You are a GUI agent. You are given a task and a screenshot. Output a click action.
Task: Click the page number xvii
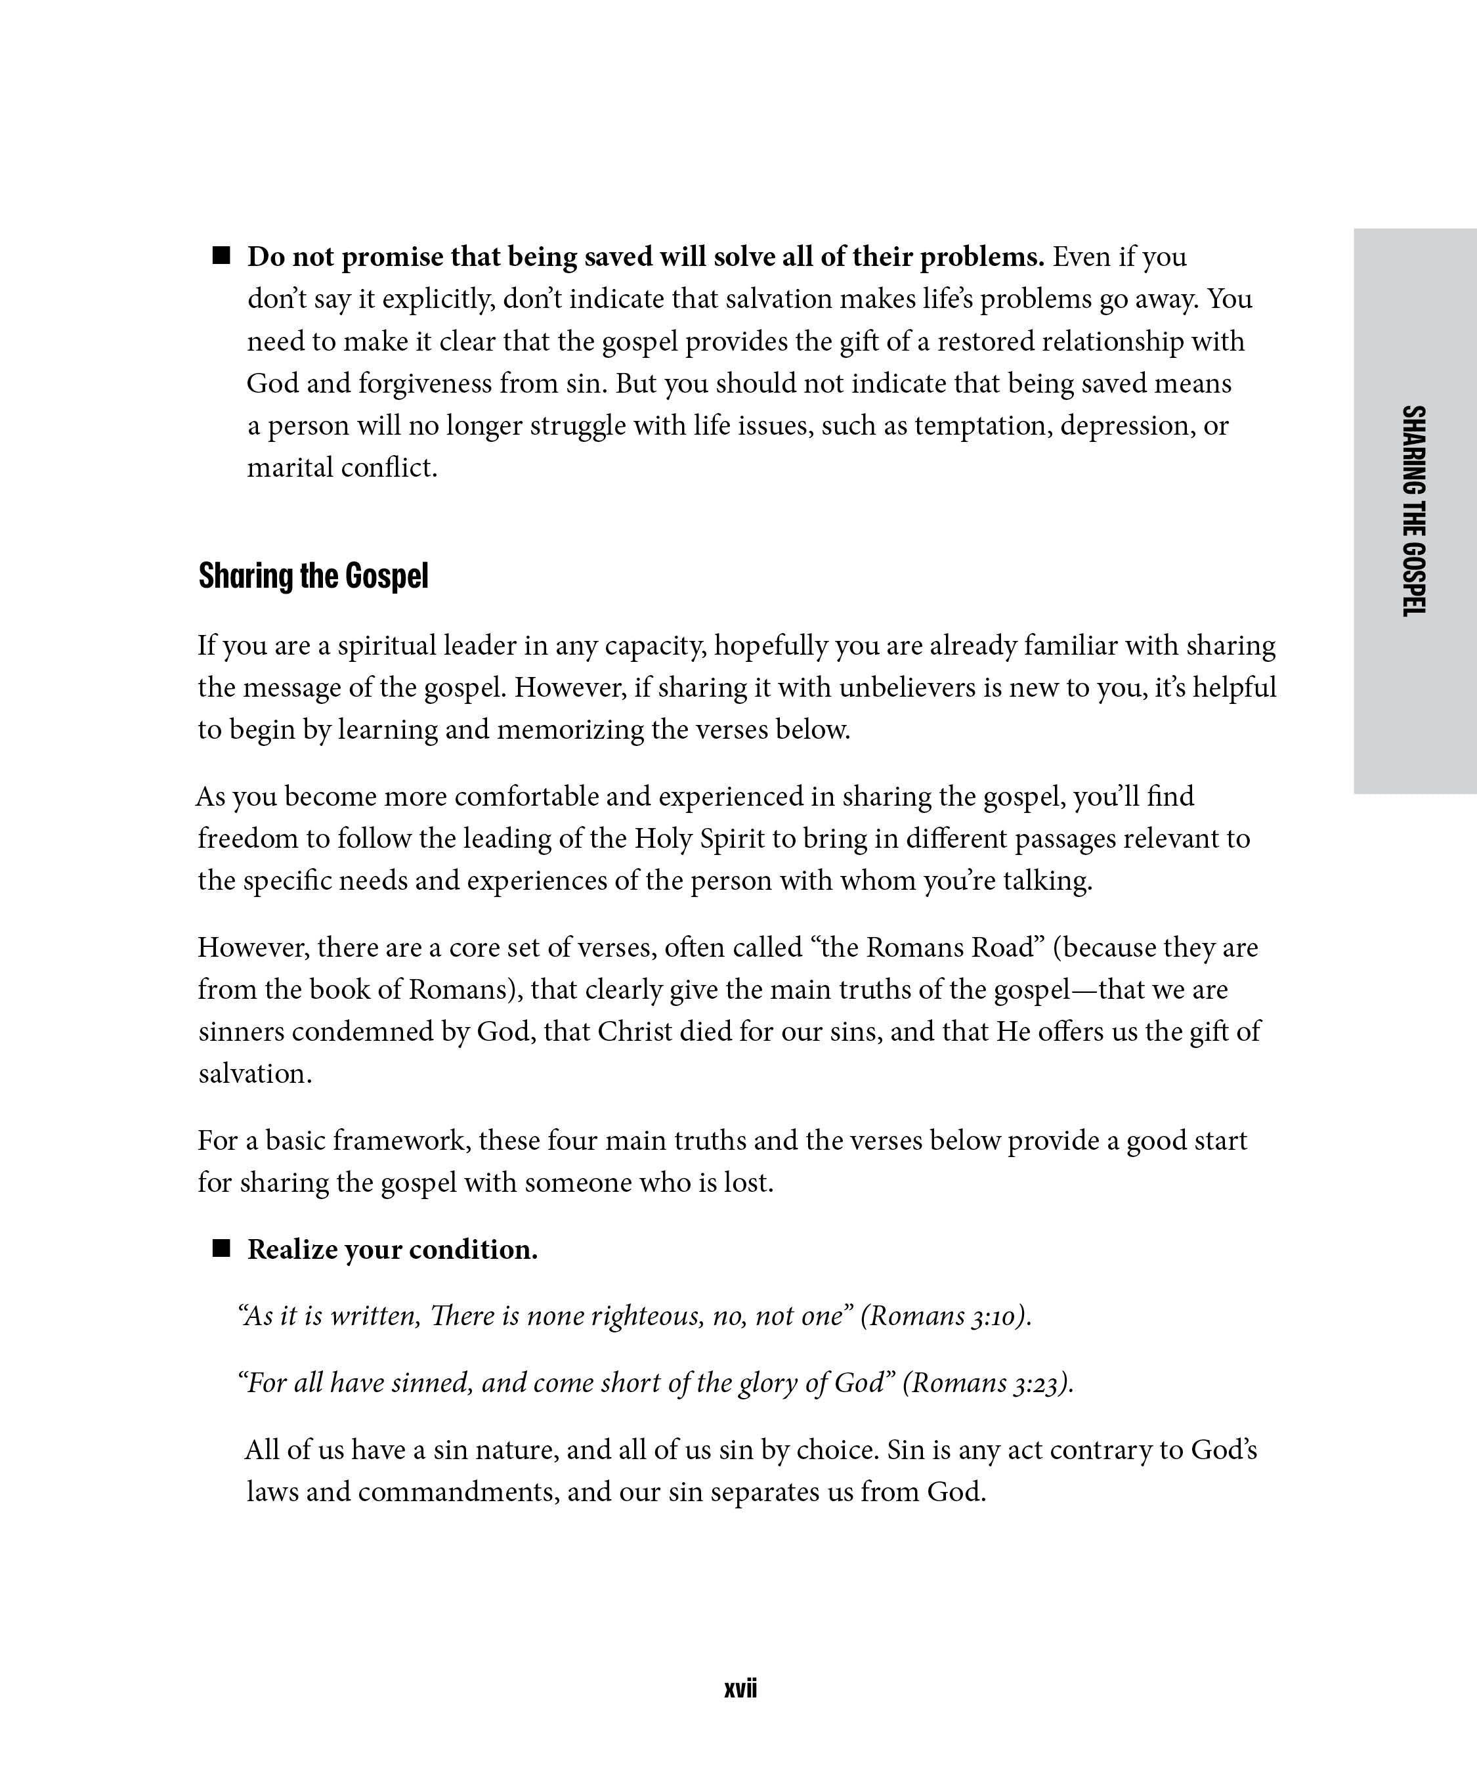click(x=740, y=1688)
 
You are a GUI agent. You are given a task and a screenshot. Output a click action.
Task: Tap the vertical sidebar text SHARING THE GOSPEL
click(x=1414, y=511)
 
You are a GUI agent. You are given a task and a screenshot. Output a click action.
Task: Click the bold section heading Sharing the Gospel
click(x=313, y=576)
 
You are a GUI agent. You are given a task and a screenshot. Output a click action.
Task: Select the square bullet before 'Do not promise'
click(x=221, y=256)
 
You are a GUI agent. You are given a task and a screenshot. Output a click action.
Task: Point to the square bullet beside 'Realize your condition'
click(x=221, y=1249)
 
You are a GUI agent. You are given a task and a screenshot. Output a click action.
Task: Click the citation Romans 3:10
click(x=945, y=1316)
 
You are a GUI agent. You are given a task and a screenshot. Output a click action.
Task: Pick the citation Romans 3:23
click(x=987, y=1383)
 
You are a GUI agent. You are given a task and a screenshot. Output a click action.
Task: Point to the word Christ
click(x=635, y=1032)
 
